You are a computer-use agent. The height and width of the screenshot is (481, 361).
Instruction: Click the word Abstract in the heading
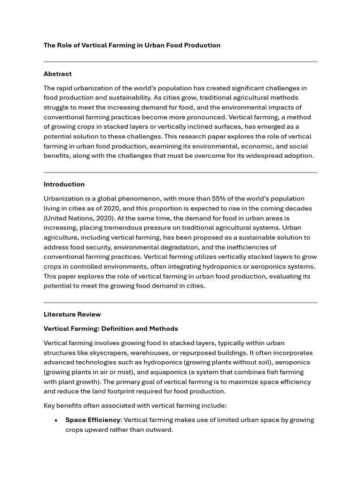[x=57, y=74]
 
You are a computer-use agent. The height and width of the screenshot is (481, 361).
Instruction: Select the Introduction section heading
[x=64, y=184]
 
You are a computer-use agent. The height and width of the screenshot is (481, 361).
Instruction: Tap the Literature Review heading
[x=72, y=314]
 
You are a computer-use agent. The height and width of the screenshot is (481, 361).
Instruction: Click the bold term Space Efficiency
[x=93, y=420]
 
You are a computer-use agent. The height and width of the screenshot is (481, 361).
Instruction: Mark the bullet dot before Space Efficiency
[x=56, y=420]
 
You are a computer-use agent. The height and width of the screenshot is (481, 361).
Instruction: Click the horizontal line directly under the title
[x=180, y=62]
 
